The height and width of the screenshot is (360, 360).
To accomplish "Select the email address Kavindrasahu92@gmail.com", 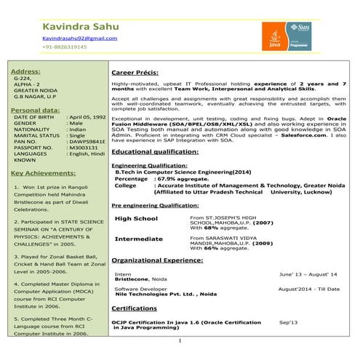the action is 79,37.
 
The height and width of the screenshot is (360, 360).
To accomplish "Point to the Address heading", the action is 25,71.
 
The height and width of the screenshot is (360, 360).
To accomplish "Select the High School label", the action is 136,218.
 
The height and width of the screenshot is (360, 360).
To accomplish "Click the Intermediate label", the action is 139,239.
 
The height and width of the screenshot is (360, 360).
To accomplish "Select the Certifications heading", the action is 134,308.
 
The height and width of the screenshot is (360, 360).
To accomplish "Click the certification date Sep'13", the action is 288,321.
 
